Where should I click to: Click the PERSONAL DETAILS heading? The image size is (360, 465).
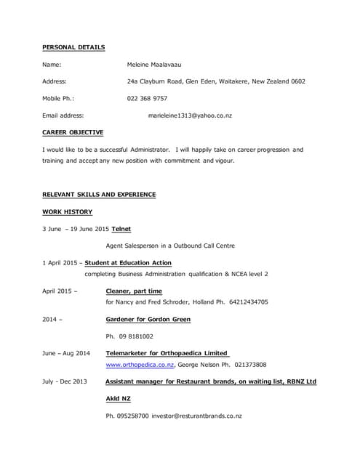click(73, 47)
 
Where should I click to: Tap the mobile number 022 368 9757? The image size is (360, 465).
click(147, 98)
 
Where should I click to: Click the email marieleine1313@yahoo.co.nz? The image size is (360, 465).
click(190, 116)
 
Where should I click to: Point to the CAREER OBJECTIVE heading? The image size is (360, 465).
click(73, 132)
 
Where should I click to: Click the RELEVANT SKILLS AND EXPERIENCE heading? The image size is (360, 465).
click(99, 195)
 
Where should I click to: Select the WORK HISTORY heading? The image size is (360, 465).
click(68, 211)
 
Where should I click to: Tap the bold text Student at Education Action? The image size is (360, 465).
click(128, 262)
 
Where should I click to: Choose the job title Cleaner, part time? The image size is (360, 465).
click(134, 291)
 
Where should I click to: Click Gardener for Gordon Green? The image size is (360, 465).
click(148, 319)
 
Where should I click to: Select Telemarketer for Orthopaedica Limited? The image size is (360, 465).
click(167, 353)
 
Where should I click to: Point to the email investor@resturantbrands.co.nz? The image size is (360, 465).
click(196, 416)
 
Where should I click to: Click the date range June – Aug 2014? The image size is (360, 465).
click(67, 353)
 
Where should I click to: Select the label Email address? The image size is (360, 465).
click(63, 116)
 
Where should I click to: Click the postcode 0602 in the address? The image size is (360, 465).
click(297, 81)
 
